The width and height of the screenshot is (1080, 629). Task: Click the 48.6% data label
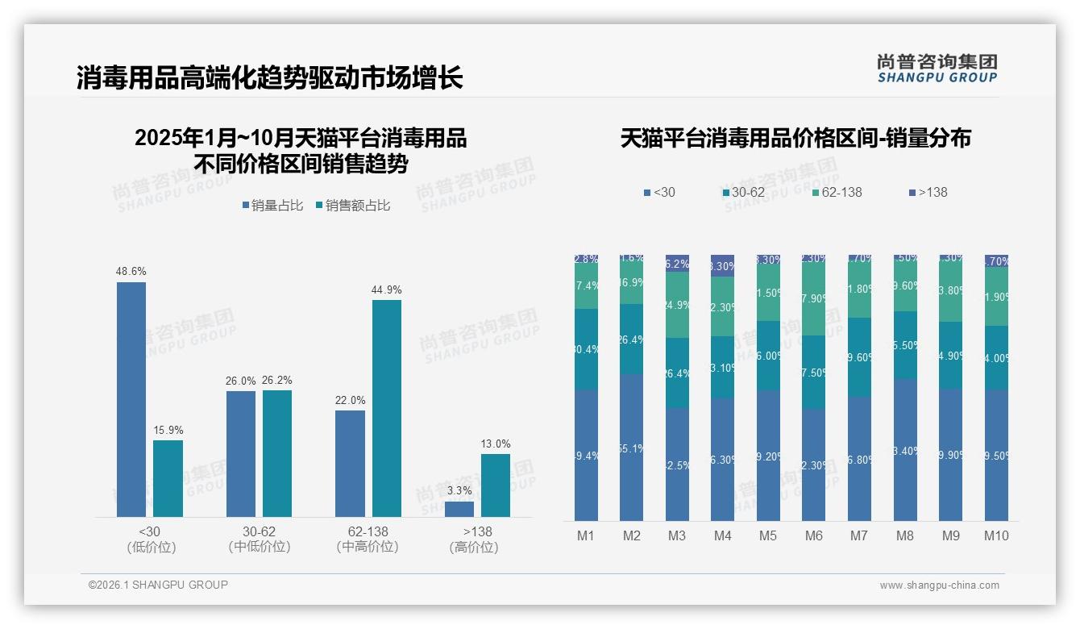click(x=131, y=271)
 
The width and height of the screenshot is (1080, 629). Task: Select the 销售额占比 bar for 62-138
click(x=386, y=408)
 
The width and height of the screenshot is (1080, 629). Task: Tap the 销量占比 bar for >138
click(x=459, y=509)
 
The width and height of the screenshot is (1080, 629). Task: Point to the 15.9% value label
click(x=168, y=430)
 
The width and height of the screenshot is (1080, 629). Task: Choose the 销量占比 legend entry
click(x=272, y=206)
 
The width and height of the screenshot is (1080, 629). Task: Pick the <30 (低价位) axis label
click(x=151, y=539)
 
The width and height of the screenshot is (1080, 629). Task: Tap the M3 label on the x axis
click(x=677, y=535)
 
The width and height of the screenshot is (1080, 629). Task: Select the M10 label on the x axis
click(x=996, y=535)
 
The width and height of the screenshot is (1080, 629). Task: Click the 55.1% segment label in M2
click(x=632, y=448)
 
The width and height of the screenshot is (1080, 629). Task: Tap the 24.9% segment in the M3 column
click(x=677, y=305)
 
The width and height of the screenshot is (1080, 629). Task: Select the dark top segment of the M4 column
click(x=722, y=265)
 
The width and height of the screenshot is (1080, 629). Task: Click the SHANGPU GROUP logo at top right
click(x=937, y=69)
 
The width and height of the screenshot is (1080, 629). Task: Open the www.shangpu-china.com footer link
click(x=939, y=585)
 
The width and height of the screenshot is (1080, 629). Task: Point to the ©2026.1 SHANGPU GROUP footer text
click(x=158, y=585)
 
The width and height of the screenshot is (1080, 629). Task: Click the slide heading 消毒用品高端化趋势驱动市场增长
click(x=269, y=78)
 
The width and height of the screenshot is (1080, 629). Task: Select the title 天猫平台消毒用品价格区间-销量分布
click(x=795, y=138)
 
